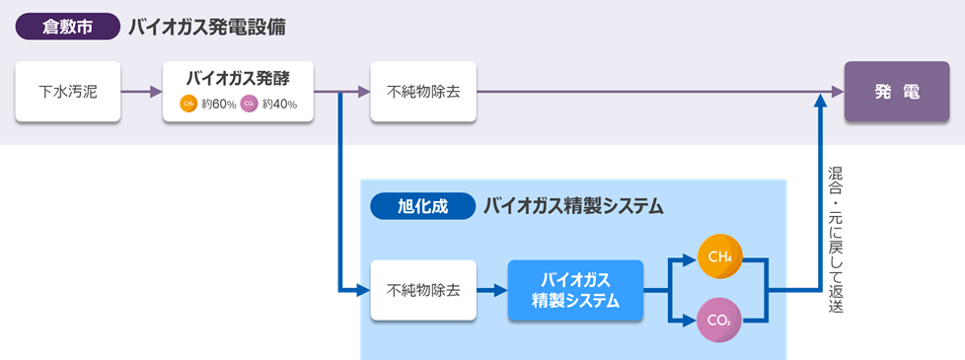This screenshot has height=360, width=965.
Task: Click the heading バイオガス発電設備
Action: coord(207,27)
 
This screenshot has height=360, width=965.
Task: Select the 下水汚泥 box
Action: coord(67,93)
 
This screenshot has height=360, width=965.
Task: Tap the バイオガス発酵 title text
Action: coord(238,78)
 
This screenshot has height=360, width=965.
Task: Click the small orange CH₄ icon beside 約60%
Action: coord(187,104)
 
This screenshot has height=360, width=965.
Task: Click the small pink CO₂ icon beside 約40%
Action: coord(248,104)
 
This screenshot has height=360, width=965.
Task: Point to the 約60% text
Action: coord(216,104)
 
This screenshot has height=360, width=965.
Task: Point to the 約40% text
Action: coord(279,104)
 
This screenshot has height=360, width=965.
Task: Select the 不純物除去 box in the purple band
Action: coord(422,93)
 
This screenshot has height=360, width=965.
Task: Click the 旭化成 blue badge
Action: coord(422,206)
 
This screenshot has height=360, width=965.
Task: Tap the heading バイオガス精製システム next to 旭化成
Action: coord(572,206)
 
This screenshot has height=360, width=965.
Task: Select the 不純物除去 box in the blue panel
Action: coord(422,290)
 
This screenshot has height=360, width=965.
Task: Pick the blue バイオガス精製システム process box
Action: coord(575,290)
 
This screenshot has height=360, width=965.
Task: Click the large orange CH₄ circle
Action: coord(718,257)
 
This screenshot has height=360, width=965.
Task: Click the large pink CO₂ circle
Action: coord(718,321)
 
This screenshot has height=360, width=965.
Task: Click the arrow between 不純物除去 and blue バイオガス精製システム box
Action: coord(491,290)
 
